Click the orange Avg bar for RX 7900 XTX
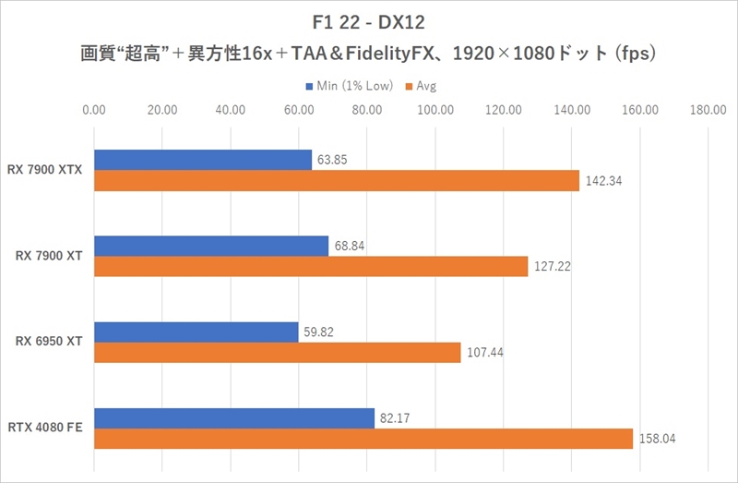(337, 181)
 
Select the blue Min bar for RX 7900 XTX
(203, 160)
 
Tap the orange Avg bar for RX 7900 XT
(311, 266)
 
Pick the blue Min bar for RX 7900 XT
(211, 246)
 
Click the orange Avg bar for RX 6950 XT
(277, 352)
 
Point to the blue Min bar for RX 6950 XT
(196, 332)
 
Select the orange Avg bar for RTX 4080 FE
(363, 438)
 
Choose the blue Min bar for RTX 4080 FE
(234, 417)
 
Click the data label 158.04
(658, 439)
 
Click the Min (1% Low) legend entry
(350, 86)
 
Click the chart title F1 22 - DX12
(368, 20)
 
